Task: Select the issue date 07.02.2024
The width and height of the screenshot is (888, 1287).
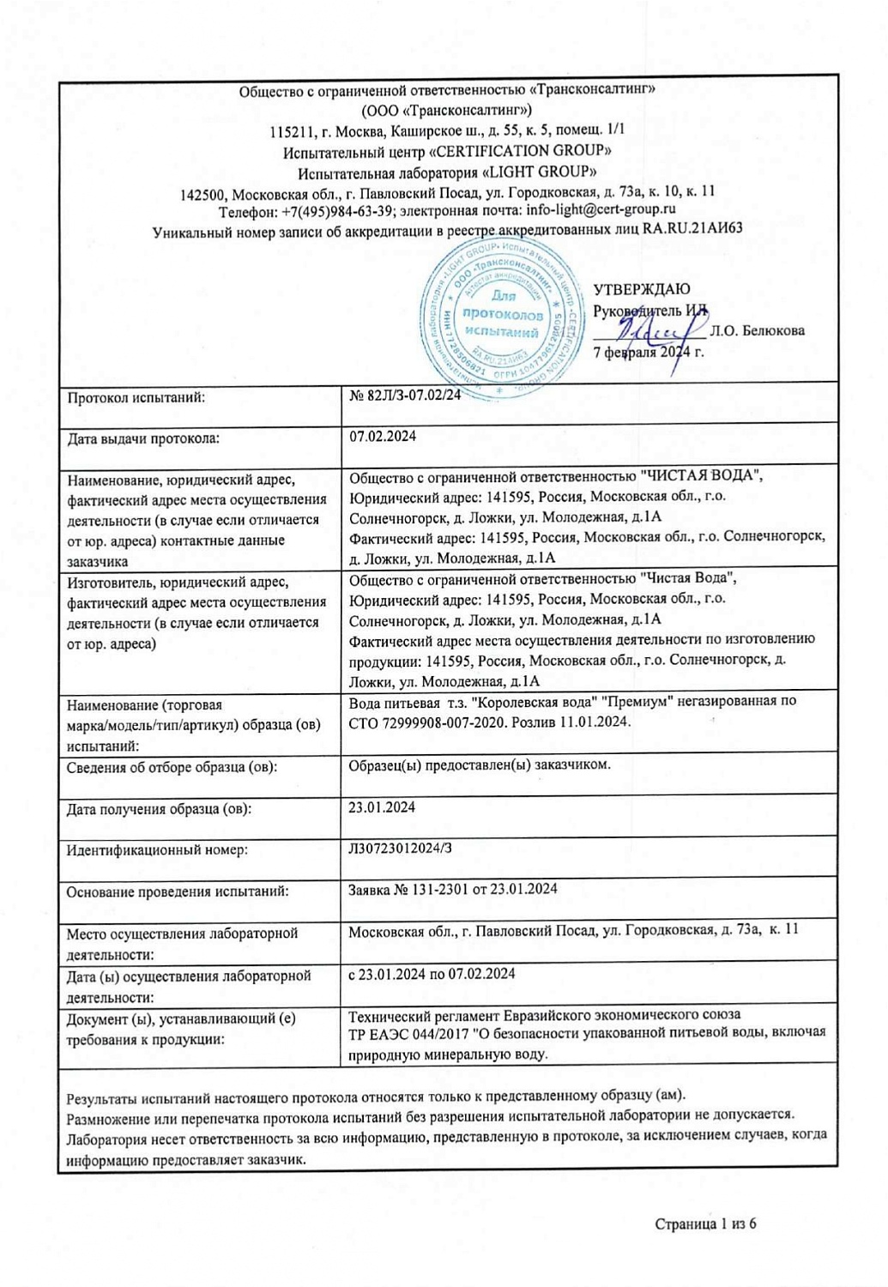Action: point(383,437)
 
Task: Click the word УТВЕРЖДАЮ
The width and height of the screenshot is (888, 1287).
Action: point(641,290)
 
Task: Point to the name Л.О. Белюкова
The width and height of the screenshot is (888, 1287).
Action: point(758,331)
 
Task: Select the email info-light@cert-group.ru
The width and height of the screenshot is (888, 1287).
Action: point(601,209)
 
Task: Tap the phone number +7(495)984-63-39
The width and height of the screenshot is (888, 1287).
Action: point(337,210)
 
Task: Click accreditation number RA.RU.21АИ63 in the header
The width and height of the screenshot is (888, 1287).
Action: point(692,229)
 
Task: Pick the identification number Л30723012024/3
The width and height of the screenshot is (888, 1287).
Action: point(400,849)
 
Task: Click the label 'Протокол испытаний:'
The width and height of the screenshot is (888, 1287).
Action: point(136,397)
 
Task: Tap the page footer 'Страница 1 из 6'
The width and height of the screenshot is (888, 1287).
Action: point(705,1224)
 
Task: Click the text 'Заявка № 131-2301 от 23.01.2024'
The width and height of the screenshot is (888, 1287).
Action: point(453,889)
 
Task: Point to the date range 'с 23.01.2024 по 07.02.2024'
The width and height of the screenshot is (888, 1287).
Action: point(432,974)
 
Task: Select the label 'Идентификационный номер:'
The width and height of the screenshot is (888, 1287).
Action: point(157,850)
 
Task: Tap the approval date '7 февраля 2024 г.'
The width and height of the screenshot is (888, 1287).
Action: point(649,352)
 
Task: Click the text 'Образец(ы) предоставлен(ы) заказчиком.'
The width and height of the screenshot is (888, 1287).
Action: point(480,764)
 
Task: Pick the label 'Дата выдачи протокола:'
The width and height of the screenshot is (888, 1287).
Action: point(143,439)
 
